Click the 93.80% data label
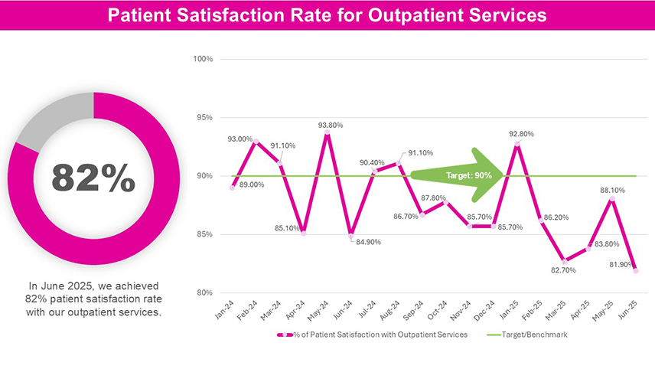pyautogui.click(x=331, y=125)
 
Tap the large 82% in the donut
pyautogui.click(x=93, y=178)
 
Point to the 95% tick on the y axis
pyautogui.click(x=203, y=118)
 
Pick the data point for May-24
pyautogui.click(x=327, y=133)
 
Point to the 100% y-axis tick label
pyautogui.click(x=201, y=59)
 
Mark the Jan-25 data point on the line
pyautogui.click(x=518, y=143)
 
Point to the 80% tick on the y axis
pyautogui.click(x=203, y=292)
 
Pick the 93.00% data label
pyautogui.click(x=240, y=139)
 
